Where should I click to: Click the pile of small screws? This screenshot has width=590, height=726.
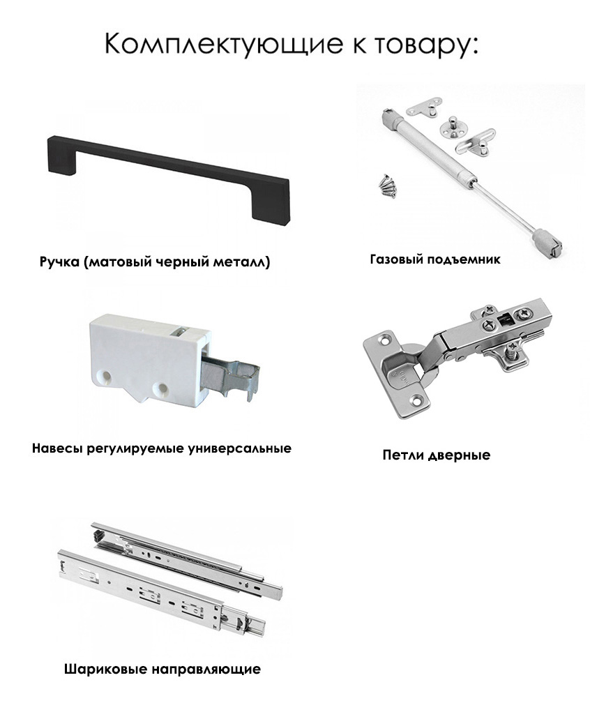click(x=387, y=185)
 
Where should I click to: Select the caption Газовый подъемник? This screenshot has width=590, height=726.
click(x=435, y=259)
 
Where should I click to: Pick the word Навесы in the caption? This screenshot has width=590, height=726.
click(x=58, y=448)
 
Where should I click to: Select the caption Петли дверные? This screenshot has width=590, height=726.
click(x=437, y=455)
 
